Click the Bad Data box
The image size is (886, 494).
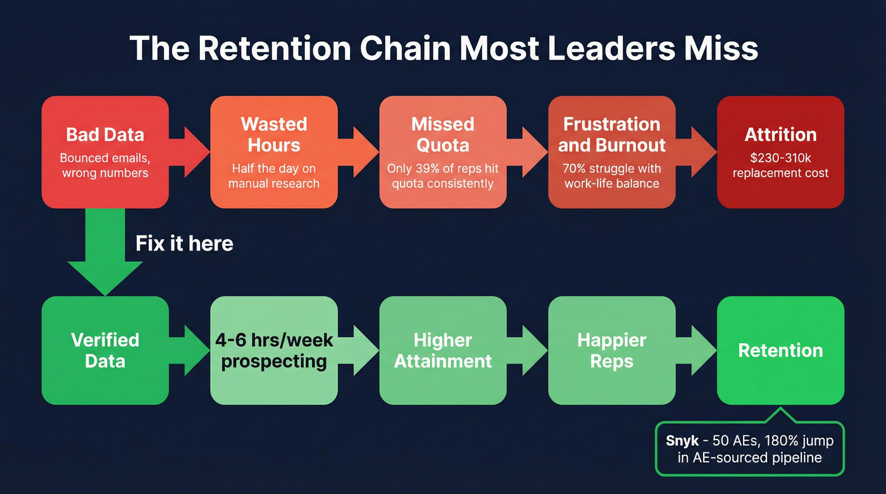[105, 152]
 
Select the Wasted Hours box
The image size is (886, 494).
[273, 152]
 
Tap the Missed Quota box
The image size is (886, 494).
[442, 152]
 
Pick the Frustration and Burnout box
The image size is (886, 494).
[611, 152]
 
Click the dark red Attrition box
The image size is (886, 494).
[780, 152]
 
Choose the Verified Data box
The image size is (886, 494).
[105, 350]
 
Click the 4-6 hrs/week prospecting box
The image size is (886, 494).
[273, 350]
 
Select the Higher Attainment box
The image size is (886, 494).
[442, 350]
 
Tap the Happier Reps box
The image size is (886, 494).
[611, 350]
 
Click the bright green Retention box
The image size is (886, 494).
[780, 350]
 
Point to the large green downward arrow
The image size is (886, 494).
[105, 253]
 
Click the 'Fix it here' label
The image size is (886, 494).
[184, 244]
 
